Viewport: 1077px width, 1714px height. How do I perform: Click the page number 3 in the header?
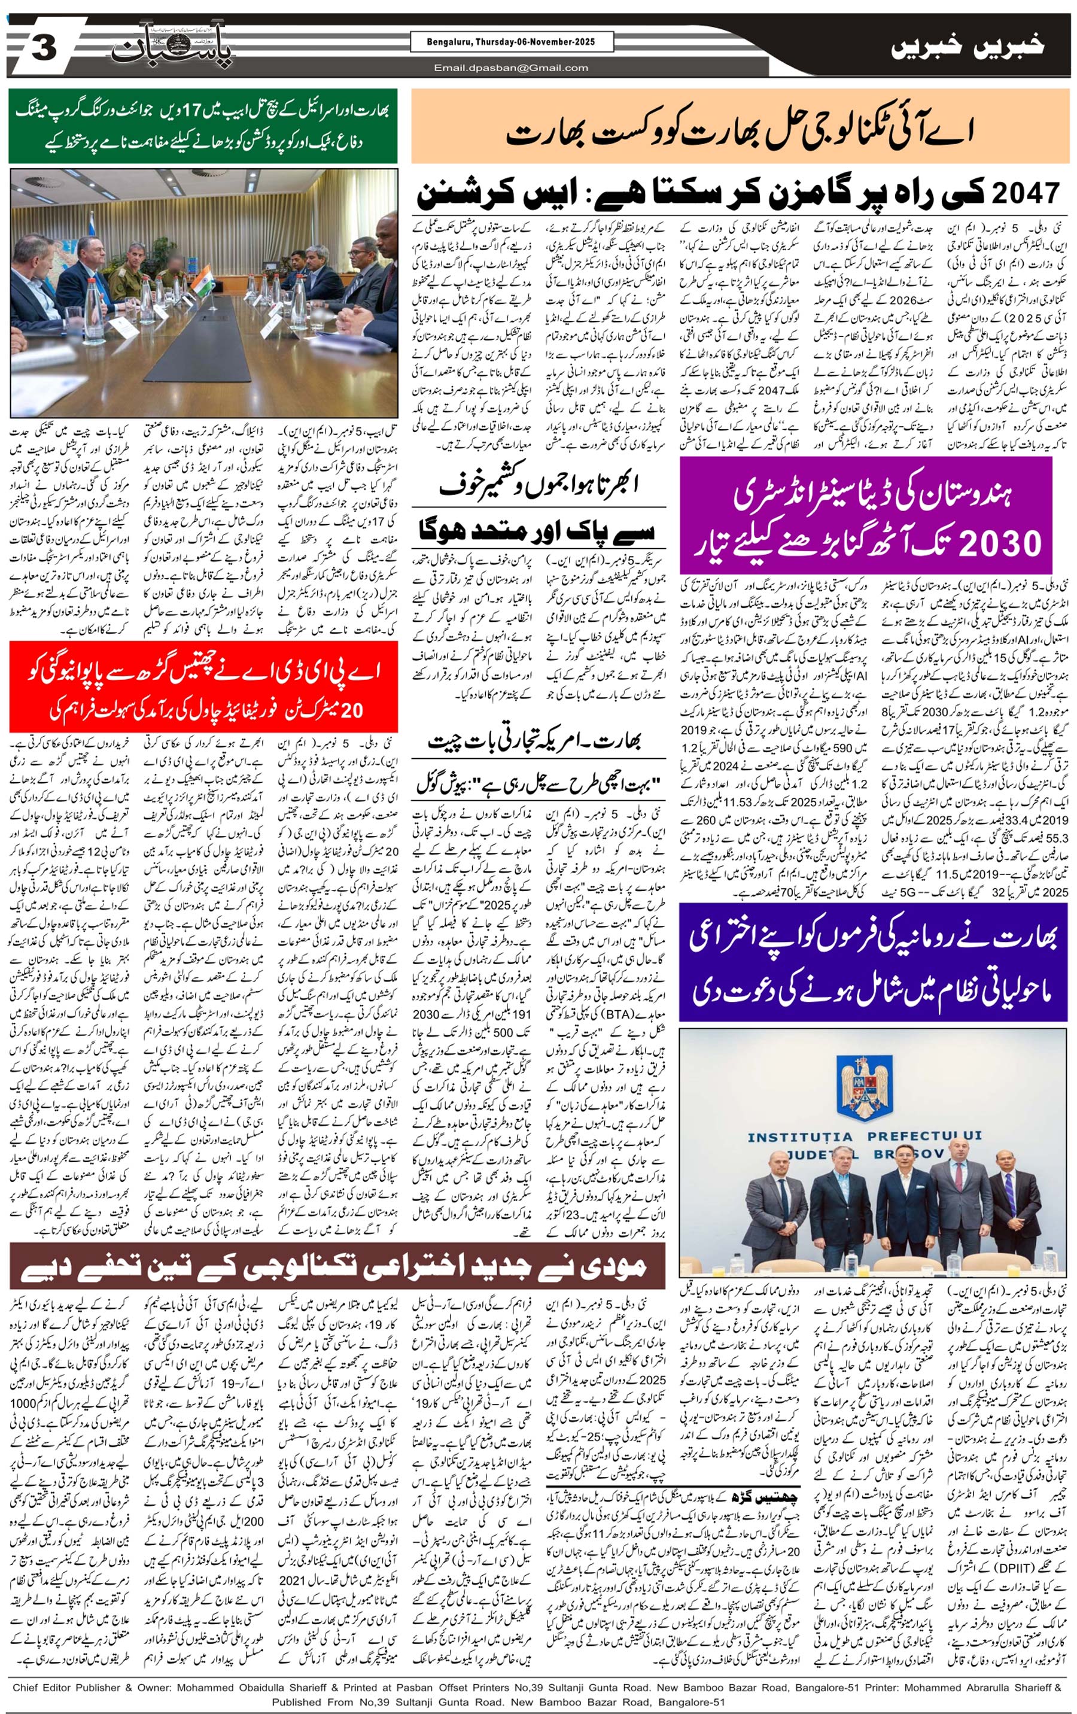coord(44,50)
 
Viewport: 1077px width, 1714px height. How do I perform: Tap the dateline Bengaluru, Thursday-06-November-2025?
coord(503,42)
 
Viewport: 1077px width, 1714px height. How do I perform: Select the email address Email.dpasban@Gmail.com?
coord(511,68)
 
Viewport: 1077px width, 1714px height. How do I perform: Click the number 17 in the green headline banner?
coord(214,112)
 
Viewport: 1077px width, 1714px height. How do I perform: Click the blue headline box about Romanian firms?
coord(873,962)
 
